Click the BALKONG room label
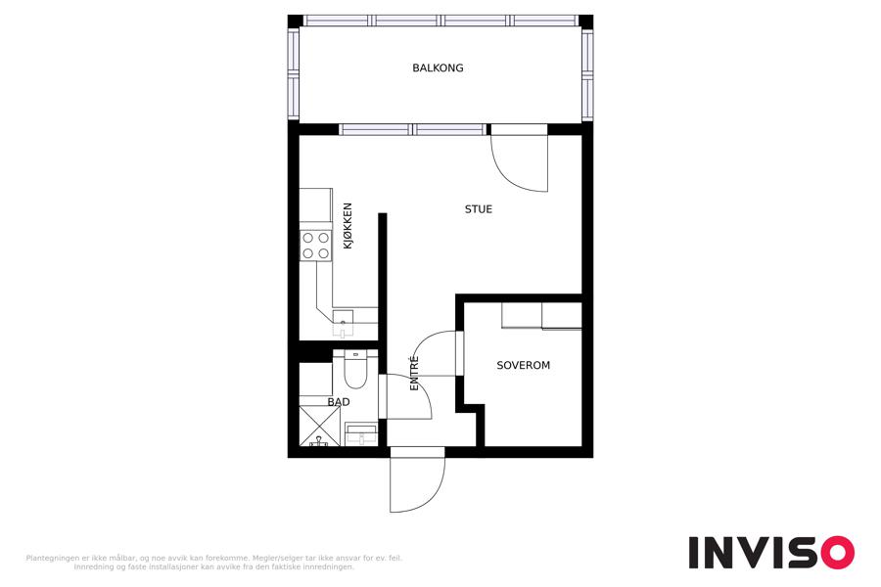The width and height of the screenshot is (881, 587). [438, 68]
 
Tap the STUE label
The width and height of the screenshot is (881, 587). [478, 209]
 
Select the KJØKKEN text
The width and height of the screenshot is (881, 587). [348, 226]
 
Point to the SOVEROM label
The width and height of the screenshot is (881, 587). [523, 365]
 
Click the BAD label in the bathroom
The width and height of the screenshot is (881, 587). [339, 402]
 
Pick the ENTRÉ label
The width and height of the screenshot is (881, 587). [415, 373]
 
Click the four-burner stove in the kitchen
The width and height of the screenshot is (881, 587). [316, 246]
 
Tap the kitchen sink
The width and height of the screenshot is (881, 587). [343, 324]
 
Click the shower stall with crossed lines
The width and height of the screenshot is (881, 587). [319, 426]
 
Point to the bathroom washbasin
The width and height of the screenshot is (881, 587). [360, 433]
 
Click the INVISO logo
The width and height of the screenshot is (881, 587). [771, 552]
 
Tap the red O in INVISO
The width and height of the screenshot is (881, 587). [837, 552]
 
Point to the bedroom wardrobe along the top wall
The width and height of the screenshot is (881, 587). [541, 316]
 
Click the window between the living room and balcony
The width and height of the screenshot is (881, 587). [413, 130]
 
